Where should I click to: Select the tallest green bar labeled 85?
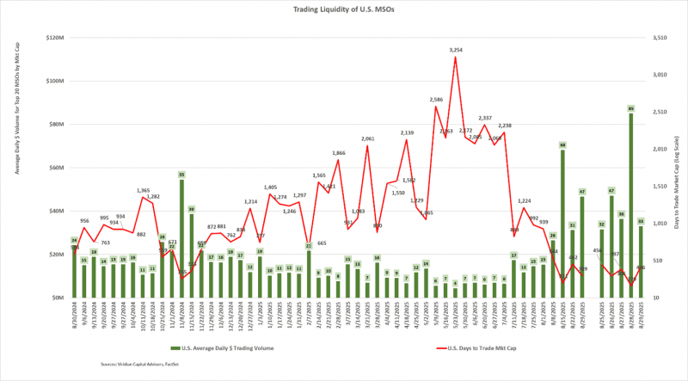coord(631,206)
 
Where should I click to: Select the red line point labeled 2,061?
coord(367,145)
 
